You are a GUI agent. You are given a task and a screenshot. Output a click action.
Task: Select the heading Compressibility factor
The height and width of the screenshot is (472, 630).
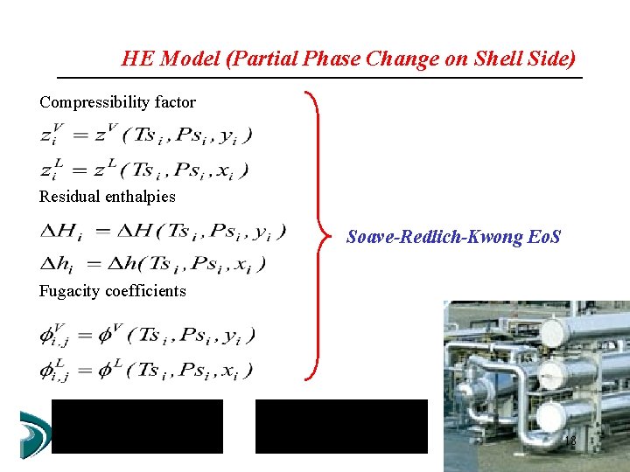(117, 102)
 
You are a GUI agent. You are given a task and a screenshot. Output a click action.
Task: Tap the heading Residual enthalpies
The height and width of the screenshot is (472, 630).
(107, 197)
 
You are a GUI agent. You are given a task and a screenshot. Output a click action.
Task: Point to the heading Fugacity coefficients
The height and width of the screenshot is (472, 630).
(112, 291)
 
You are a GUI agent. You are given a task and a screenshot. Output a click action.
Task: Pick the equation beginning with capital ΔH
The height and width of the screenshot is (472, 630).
(162, 232)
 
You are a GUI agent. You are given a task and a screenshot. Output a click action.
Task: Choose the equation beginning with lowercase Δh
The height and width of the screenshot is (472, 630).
(153, 263)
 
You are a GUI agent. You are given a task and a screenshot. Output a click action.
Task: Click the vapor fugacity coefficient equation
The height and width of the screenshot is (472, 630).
(147, 335)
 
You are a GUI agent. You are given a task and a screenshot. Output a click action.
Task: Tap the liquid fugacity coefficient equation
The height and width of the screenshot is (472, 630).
(146, 370)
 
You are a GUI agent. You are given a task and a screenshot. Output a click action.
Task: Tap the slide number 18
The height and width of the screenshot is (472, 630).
(569, 441)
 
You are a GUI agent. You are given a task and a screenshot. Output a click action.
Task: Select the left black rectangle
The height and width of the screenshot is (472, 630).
(137, 427)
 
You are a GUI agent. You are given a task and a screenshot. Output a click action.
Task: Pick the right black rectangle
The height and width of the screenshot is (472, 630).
(341, 427)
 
